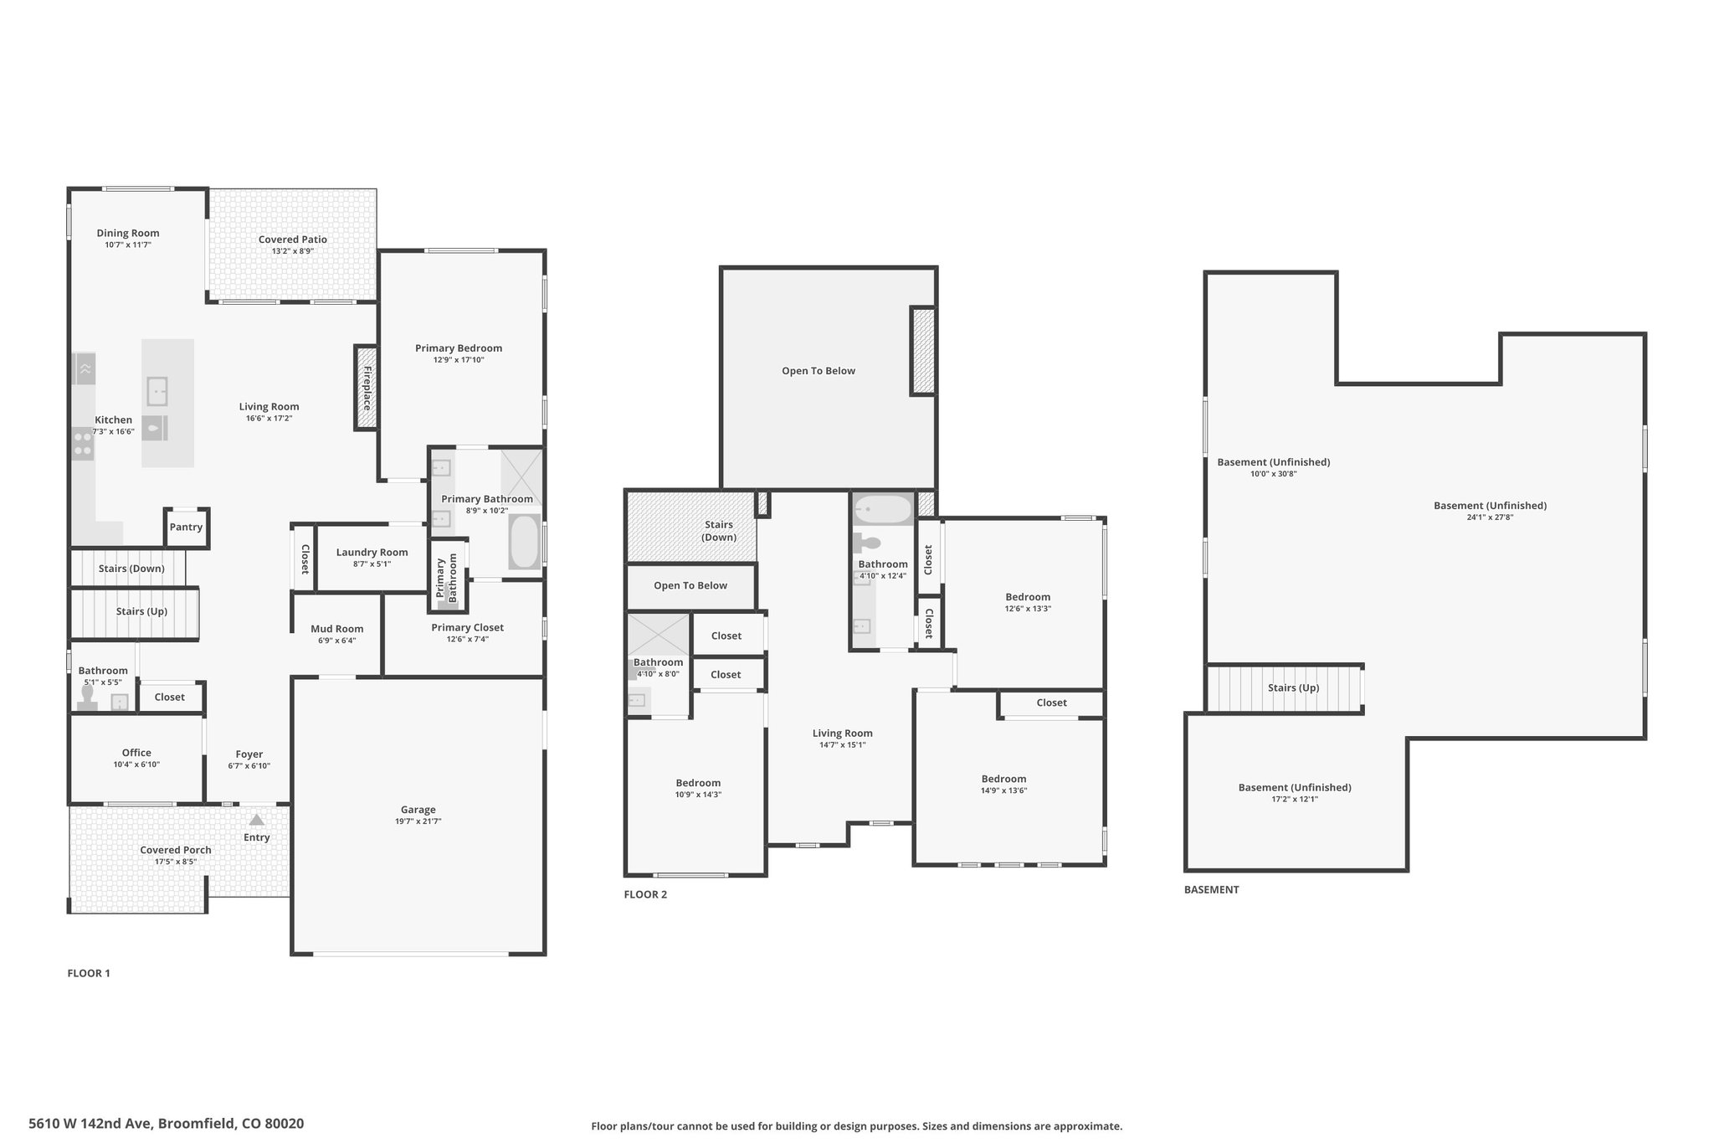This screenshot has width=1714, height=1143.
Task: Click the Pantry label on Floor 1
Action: pos(186,527)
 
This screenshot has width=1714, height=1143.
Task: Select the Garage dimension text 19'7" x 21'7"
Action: pos(418,821)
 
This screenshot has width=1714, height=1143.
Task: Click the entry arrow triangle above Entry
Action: pos(257,820)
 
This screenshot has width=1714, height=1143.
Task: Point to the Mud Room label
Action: pos(337,629)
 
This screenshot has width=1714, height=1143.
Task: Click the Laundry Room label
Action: pos(372,552)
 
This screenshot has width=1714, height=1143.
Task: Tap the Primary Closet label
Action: pos(468,627)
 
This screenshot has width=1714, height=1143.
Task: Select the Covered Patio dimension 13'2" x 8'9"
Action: pos(293,251)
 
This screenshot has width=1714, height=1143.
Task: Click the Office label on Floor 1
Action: pos(136,753)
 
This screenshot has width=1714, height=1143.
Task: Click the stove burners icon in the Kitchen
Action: pos(83,443)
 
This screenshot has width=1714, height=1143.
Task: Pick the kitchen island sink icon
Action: pos(157,391)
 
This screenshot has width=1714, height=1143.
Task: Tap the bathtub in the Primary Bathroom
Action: pos(525,542)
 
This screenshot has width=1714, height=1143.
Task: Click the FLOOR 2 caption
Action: pos(645,894)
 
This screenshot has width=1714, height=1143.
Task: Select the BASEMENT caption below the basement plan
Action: pos(1211,889)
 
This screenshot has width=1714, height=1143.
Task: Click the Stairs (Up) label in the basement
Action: pos(1293,687)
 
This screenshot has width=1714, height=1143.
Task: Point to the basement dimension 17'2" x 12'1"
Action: pos(1295,799)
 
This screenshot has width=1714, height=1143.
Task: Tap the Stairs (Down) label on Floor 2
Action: pos(719,531)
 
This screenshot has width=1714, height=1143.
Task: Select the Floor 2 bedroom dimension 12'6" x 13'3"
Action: pos(1028,609)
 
